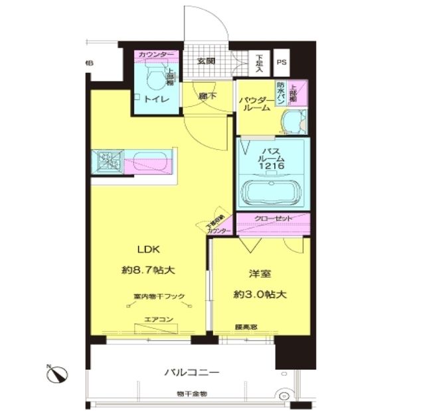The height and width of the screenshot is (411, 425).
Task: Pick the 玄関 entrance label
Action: (206, 61)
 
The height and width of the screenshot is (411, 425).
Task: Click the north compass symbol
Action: (57, 375)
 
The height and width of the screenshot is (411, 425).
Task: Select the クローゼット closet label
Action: (272, 218)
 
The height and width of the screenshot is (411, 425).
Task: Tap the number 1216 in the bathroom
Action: (273, 167)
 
